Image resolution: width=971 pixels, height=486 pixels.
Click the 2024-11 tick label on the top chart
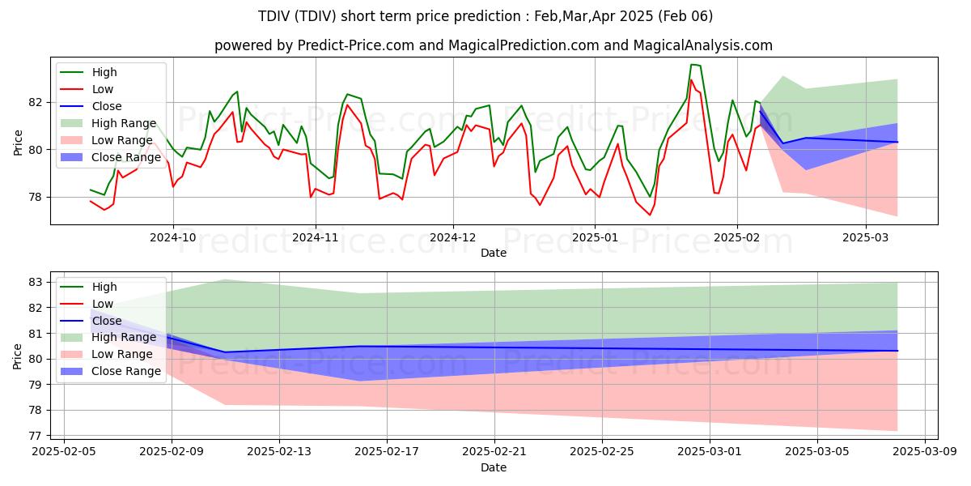(x=315, y=238)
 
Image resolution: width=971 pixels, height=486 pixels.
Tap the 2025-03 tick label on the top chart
(x=866, y=238)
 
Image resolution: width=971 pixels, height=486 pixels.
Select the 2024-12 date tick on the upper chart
(x=453, y=238)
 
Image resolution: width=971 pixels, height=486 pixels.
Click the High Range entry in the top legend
(x=124, y=123)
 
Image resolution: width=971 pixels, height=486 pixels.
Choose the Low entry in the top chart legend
(x=103, y=89)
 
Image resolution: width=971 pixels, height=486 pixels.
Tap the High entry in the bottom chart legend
(x=104, y=287)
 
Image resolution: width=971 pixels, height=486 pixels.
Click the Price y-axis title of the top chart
(x=18, y=142)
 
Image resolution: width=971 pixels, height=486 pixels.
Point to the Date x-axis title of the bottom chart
(x=494, y=467)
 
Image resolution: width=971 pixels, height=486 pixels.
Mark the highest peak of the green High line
(x=692, y=65)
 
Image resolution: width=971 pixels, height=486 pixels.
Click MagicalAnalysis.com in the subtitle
(x=709, y=45)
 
